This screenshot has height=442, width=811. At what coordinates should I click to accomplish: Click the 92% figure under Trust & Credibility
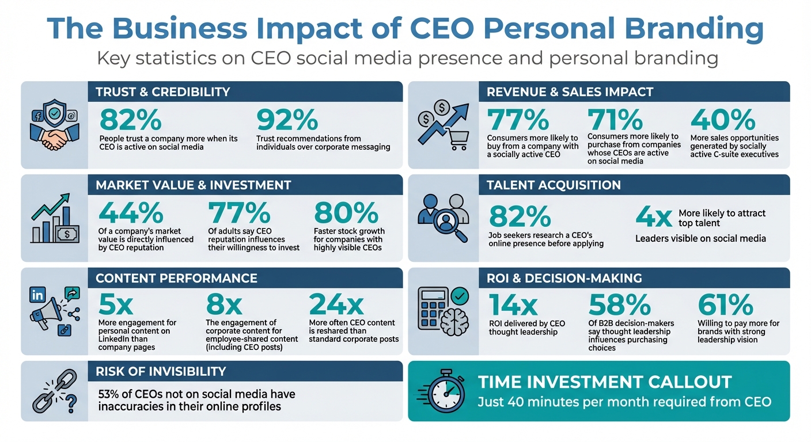287,120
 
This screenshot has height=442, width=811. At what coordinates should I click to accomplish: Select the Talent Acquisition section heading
554,185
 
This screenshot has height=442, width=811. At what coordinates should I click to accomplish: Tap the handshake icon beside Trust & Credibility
53,138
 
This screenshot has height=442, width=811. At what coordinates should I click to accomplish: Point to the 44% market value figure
131,214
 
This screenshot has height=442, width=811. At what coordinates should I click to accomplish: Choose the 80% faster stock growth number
346,214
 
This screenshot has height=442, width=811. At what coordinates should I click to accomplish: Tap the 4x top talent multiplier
654,218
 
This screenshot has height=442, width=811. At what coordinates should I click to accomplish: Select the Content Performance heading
176,278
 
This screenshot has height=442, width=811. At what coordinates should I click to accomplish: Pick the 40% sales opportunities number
723,120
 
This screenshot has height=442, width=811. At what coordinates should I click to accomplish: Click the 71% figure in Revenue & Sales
615,120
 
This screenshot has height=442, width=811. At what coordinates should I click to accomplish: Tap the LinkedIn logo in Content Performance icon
37,295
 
